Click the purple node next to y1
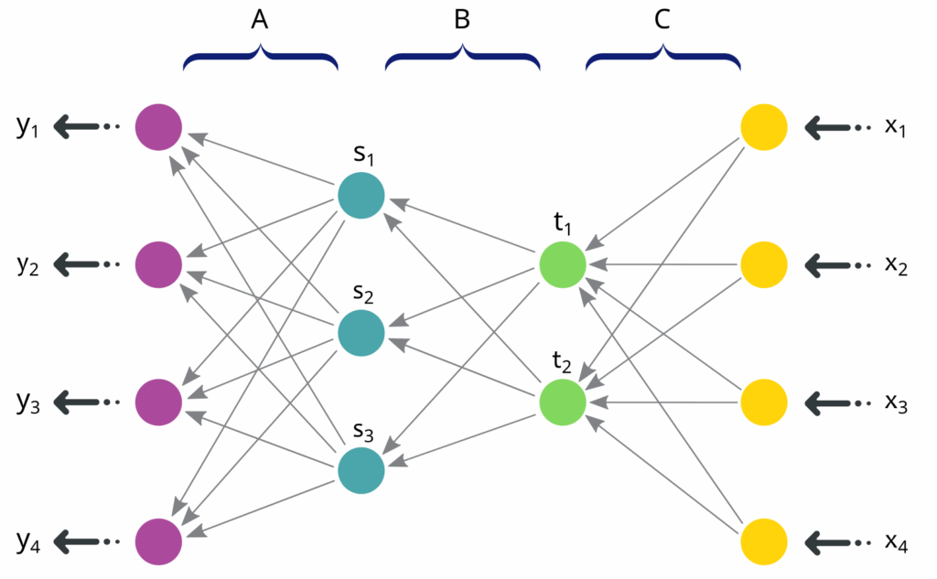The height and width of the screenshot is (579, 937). pos(158,127)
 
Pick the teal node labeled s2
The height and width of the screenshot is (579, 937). pos(361,334)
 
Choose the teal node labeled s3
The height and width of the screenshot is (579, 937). pos(361,471)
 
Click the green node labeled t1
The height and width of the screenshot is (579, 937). pos(563,264)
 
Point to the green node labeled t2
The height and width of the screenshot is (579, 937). pos(563,402)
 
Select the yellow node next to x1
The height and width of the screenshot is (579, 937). pos(764,127)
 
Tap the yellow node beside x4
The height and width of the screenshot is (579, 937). pos(764,541)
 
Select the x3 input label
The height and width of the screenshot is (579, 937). pos(896,402)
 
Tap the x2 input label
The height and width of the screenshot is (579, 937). pos(896,265)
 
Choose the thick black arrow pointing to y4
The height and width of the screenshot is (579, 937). pos(78,541)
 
